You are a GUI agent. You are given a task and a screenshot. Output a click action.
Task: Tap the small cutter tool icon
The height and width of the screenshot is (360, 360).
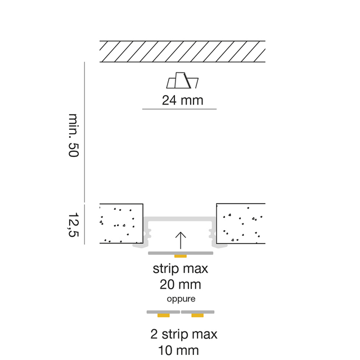(x=183, y=82)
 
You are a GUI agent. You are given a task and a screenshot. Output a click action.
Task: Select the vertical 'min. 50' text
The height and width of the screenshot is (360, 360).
(x=73, y=135)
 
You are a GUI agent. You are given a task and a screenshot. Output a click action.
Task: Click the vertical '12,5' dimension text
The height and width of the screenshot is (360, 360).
(x=72, y=224)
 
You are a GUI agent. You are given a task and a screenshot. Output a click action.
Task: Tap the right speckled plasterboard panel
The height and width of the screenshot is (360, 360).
(x=241, y=223)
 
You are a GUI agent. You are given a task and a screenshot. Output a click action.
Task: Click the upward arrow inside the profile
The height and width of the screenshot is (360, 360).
(x=180, y=239)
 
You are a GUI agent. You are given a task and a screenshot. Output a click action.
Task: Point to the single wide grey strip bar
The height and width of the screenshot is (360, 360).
(x=163, y=254)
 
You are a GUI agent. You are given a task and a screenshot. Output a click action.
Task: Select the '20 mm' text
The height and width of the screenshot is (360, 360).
(x=181, y=285)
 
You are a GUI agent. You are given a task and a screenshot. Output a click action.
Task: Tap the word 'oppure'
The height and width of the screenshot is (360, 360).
(x=180, y=298)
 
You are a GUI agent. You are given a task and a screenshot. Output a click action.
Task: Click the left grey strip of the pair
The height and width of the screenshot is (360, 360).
(x=163, y=311)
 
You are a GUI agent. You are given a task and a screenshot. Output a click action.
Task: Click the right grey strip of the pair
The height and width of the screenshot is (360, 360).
(x=198, y=311)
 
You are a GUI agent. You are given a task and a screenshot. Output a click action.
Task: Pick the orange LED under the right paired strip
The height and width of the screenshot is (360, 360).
(x=197, y=316)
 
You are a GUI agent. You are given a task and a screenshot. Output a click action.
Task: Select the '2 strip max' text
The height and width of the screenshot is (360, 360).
(x=183, y=334)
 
